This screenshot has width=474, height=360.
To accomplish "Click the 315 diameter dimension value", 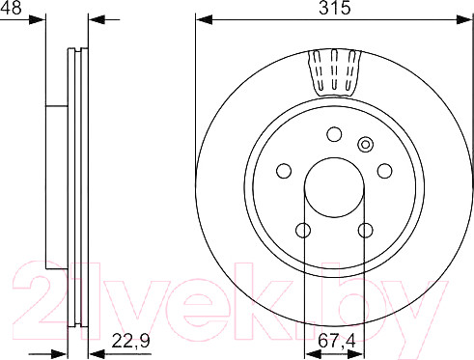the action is tap(334, 8).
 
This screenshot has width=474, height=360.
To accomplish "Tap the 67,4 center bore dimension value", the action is tap(337, 341).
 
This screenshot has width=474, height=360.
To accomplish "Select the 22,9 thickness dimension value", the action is tap(130, 341).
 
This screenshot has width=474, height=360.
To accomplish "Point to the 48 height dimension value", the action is tap(11, 8).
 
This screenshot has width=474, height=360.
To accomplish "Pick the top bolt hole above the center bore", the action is tap(334, 134).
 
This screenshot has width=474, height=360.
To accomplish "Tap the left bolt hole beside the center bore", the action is tap(284, 171).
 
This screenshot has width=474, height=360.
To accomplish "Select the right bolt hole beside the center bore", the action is tap(385, 171).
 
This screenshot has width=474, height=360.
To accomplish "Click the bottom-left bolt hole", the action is tap(303, 231).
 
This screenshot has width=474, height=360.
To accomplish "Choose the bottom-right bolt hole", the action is tap(366, 231).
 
